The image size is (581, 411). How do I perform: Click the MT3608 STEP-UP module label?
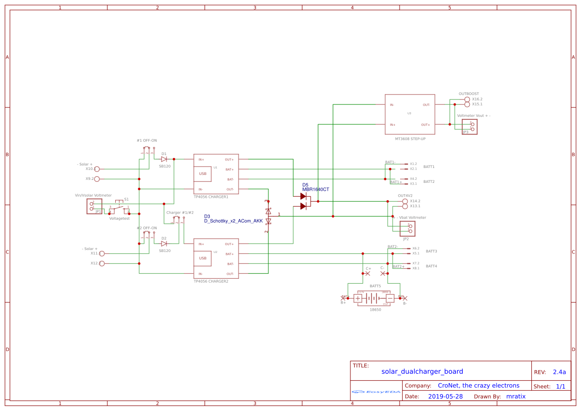(x=410, y=139)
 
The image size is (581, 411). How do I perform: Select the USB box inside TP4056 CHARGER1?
(x=203, y=173)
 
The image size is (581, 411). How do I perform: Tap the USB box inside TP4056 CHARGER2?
(x=203, y=258)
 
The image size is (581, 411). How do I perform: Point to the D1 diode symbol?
(x=164, y=159)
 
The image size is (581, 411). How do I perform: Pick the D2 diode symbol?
(x=164, y=244)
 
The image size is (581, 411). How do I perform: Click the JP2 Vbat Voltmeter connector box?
(x=407, y=229)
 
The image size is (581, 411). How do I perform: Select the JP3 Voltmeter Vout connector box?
(x=469, y=127)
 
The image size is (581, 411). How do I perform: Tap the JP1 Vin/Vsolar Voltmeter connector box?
(x=94, y=206)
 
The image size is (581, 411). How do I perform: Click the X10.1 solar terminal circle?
(x=97, y=169)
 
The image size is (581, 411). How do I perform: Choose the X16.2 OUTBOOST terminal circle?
(x=467, y=99)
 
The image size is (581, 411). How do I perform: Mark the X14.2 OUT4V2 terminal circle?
(x=405, y=201)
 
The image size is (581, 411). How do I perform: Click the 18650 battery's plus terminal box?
(x=358, y=298)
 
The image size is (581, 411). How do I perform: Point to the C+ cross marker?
(x=367, y=274)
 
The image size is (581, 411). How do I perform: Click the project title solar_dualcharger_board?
(x=422, y=371)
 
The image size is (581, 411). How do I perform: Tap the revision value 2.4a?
(x=559, y=372)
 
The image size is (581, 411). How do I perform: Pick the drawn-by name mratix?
(x=515, y=397)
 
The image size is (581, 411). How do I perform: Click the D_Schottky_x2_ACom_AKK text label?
(x=233, y=221)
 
